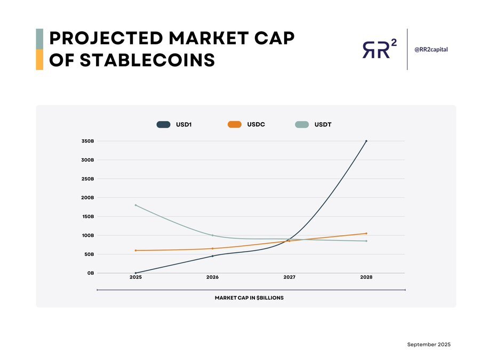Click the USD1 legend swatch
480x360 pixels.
pos(163,124)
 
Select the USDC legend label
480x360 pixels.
pos(256,124)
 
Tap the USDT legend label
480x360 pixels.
pos(323,124)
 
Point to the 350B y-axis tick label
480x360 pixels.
pos(88,141)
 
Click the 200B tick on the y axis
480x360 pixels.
pos(88,197)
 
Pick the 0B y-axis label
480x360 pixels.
pos(91,273)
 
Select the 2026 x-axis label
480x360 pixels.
pos(212,277)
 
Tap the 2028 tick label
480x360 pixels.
pos(366,277)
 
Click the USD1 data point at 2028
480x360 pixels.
pos(366,141)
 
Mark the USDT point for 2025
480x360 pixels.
pos(135,205)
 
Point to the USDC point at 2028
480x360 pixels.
pos(366,233)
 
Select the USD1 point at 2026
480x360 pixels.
pos(212,256)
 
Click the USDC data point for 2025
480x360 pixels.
pos(135,250)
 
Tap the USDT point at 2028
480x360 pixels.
pos(366,241)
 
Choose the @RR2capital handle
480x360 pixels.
pos(431,49)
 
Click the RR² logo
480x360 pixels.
pos(379,49)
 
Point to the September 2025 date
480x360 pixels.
pos(429,345)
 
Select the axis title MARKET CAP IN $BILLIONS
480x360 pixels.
pos(249,298)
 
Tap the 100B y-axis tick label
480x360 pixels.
pos(88,235)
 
